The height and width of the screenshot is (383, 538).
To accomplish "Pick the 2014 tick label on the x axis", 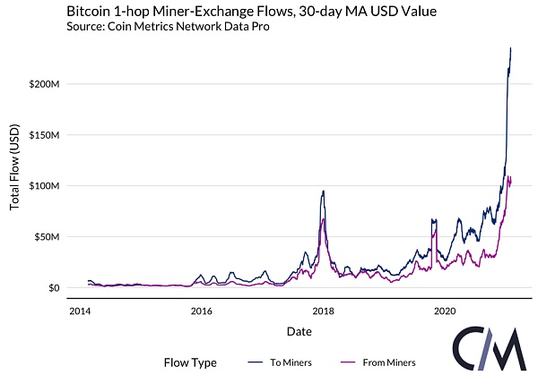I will coord(80,311).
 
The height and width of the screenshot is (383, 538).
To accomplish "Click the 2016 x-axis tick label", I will coord(202,311).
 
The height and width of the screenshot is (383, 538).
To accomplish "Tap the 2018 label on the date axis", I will coord(323,311).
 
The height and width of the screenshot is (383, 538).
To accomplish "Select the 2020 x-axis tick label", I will coord(445,311).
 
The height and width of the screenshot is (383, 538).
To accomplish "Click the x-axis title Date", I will coord(299,331).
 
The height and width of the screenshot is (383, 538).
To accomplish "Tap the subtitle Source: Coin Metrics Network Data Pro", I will coord(166,27).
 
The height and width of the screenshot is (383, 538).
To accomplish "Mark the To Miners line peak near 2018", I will coord(323,191).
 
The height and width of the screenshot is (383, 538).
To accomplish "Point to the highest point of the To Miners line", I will coord(511,48).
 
